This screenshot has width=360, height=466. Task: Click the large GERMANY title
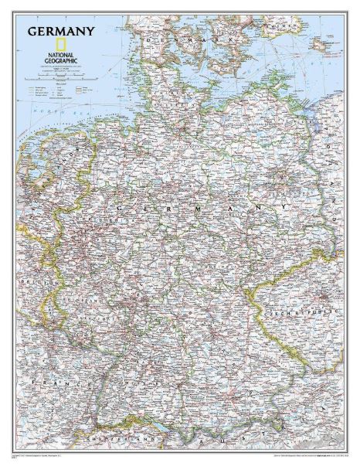(x=62, y=32)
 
